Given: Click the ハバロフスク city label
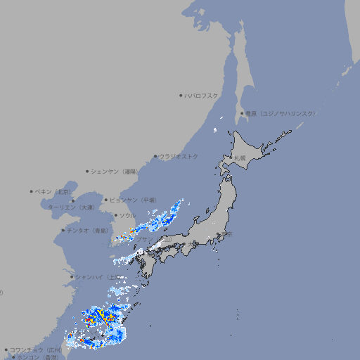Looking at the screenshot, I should tap(202, 95).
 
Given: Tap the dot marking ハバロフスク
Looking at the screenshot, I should tap(181, 95).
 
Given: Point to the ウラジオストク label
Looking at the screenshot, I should tap(179, 156).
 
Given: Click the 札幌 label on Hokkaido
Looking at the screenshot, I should tap(240, 158).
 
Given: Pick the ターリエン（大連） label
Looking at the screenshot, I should tap(71, 207).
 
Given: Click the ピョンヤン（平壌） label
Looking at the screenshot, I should tap(134, 200).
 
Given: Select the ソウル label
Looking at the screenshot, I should tap(127, 215).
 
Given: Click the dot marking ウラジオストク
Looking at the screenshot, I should tap(155, 156).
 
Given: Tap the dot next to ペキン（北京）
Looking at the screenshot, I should tap(32, 191).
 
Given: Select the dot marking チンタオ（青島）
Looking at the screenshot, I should tap(63, 230).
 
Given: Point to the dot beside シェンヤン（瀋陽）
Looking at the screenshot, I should tap(87, 171).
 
